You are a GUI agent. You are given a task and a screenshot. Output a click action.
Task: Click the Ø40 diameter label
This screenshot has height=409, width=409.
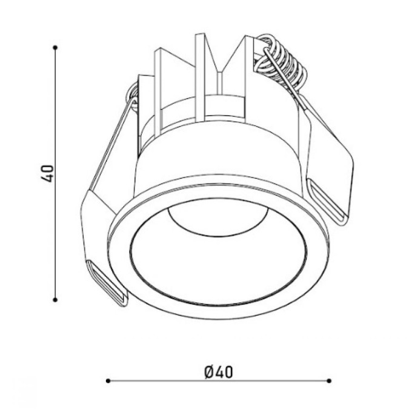[218, 372]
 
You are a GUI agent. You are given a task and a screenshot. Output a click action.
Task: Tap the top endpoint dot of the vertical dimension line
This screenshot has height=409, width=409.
[55, 47]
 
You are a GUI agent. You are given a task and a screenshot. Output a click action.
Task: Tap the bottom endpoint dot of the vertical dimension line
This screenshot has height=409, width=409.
[55, 300]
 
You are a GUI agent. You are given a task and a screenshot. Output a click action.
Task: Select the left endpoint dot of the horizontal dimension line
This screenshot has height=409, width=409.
[108, 381]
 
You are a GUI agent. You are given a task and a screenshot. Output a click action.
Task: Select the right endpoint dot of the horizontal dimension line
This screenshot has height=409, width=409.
[329, 381]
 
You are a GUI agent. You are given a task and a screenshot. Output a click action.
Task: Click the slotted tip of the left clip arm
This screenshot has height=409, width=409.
[107, 283]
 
